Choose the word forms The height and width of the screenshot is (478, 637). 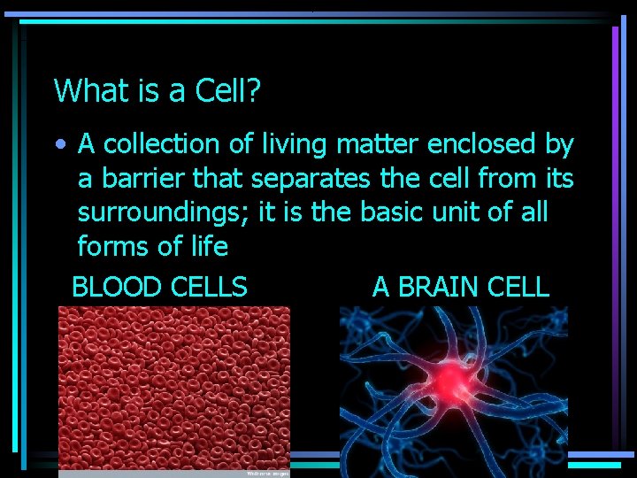115,247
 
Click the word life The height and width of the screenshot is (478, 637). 206,247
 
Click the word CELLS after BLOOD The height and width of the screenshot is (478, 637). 208,287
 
